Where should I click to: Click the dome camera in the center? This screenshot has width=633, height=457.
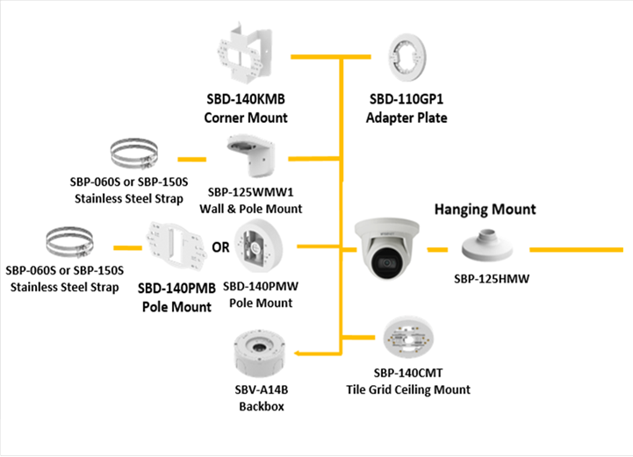384,244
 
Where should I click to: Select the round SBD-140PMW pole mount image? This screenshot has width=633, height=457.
263,248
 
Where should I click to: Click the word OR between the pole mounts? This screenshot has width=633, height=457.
220,247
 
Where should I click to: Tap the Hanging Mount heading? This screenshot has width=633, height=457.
485,210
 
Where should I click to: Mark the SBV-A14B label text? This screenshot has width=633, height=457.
259,392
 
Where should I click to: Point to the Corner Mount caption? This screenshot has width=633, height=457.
246,118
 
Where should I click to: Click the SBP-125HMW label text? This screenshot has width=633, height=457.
489,279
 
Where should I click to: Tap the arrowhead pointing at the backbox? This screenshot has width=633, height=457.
300,353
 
